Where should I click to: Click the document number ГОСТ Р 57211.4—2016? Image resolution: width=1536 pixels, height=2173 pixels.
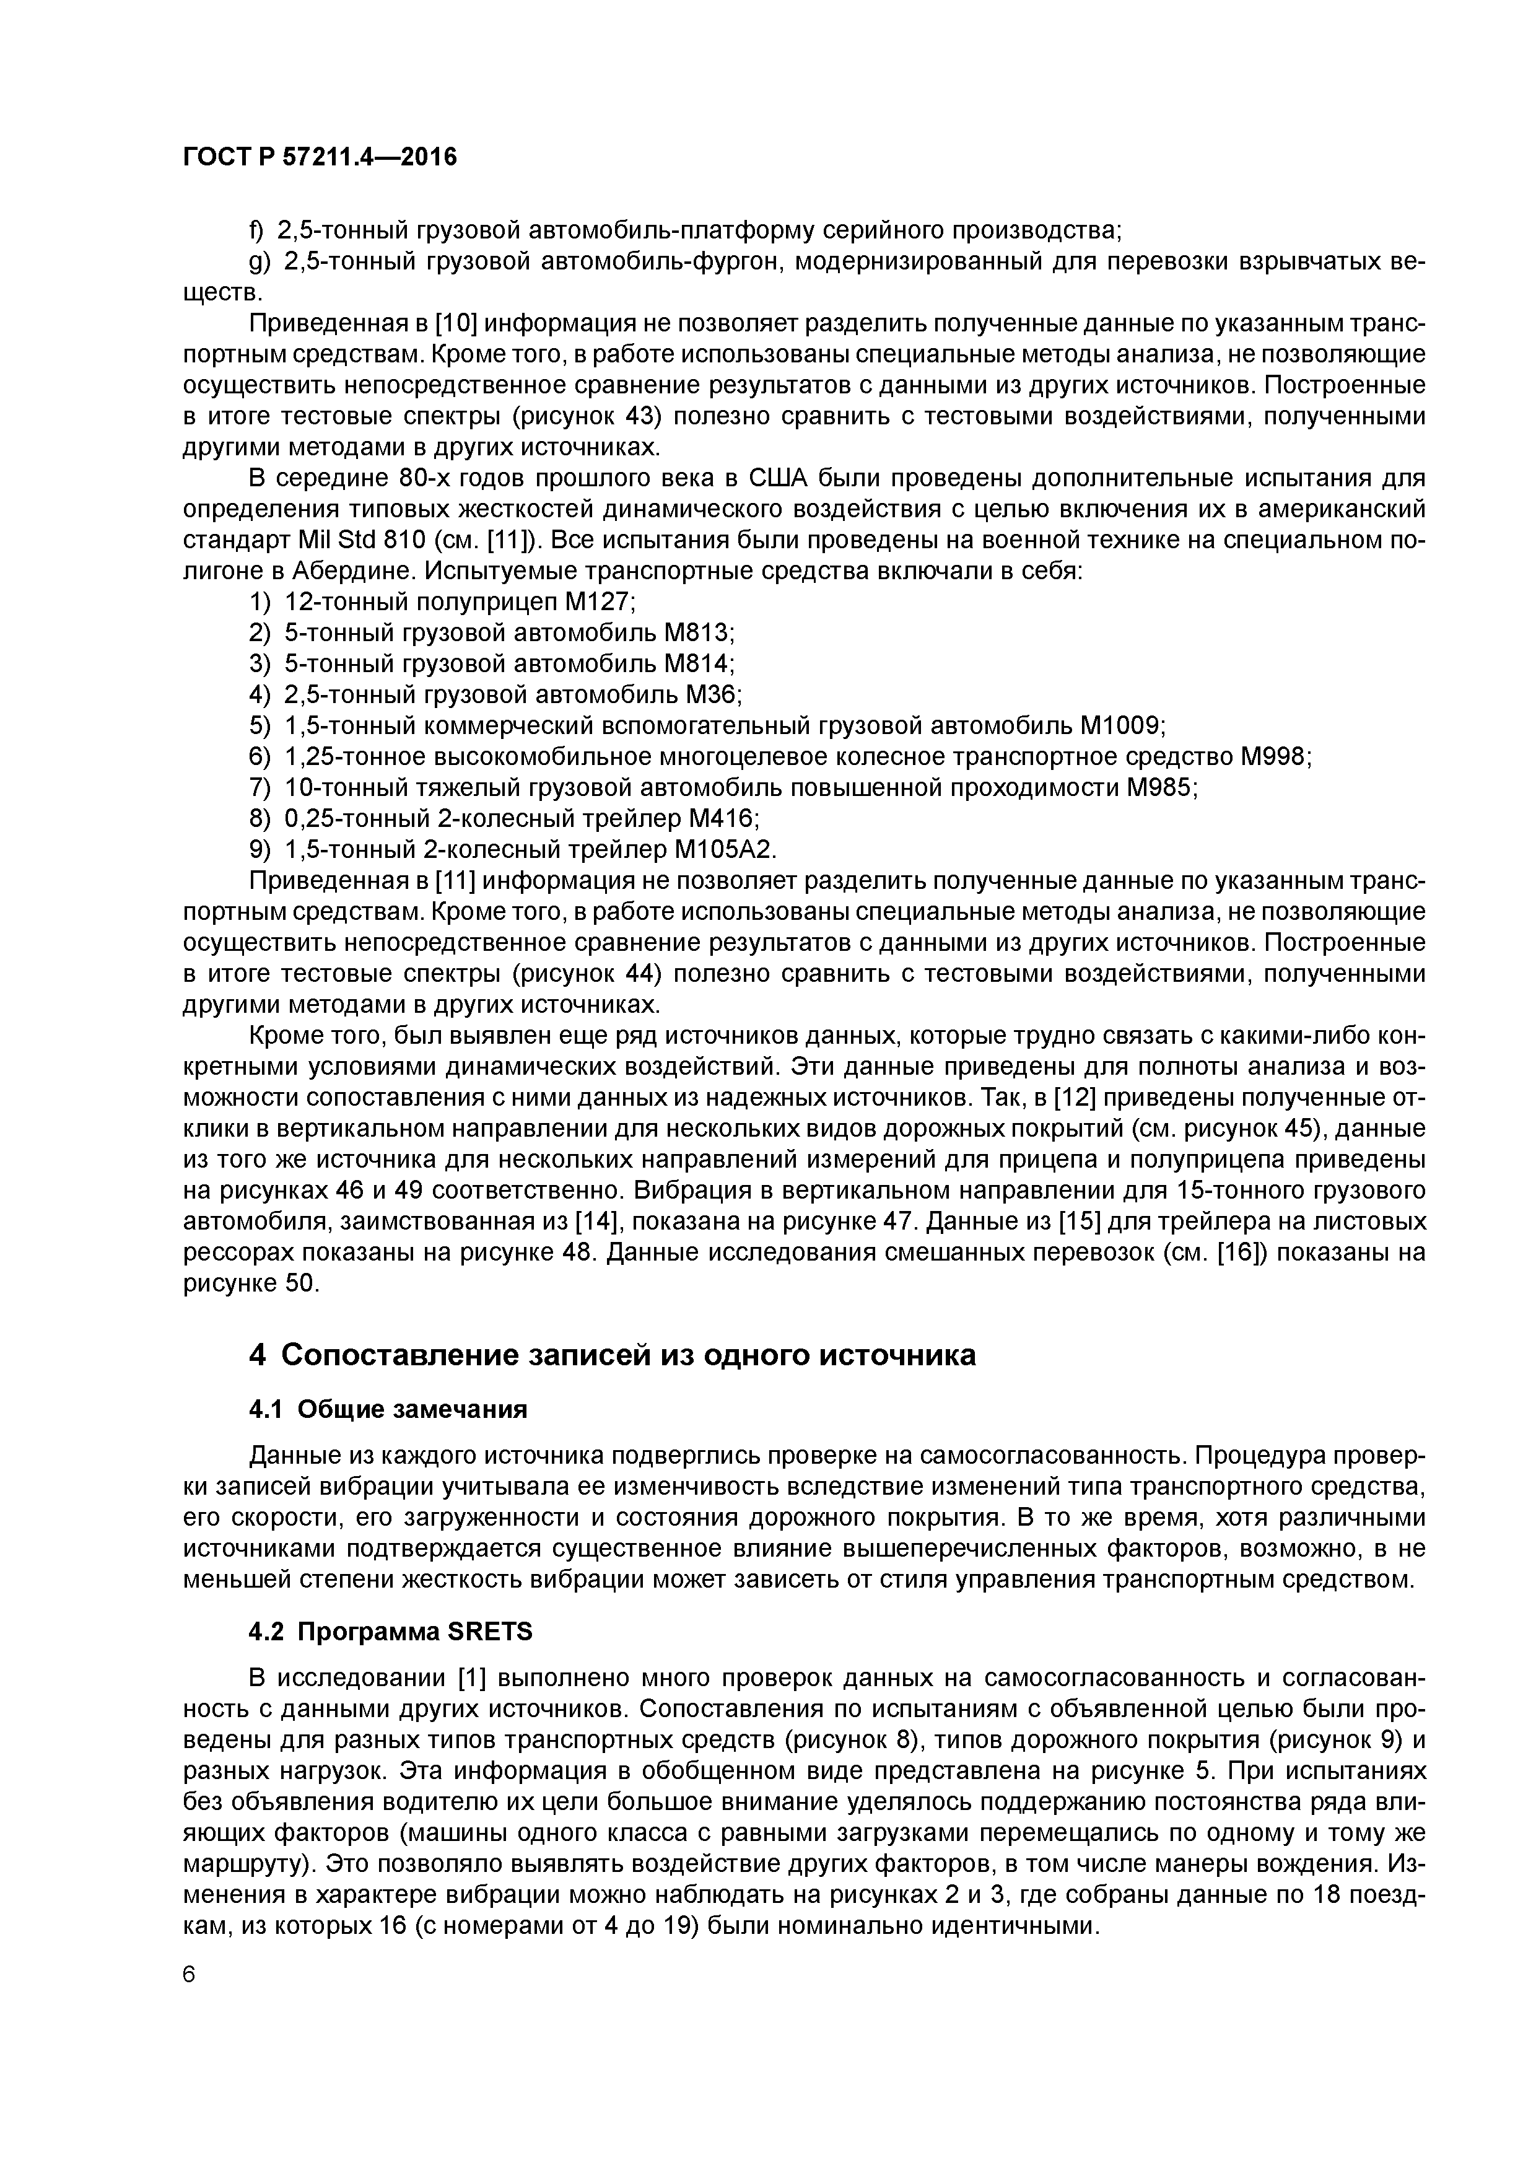click(x=319, y=157)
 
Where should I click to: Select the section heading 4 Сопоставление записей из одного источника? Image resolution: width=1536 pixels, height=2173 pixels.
click(x=611, y=1355)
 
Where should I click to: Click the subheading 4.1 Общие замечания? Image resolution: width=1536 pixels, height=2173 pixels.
click(x=387, y=1410)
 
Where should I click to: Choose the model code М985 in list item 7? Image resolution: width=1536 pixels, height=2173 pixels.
click(x=1160, y=789)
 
